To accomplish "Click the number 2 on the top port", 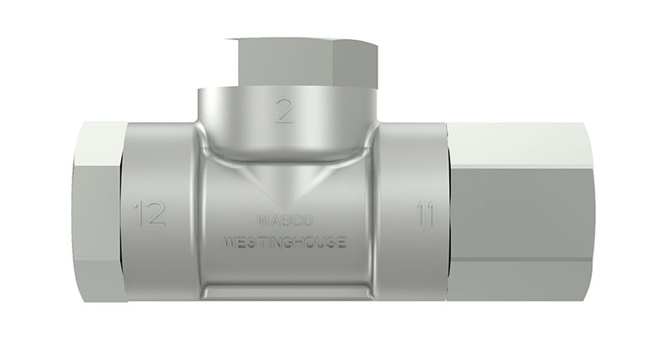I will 285,111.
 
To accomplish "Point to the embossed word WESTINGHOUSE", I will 285,243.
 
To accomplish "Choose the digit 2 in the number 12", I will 156,214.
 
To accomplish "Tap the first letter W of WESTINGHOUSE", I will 228,243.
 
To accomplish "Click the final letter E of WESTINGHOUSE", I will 342,243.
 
